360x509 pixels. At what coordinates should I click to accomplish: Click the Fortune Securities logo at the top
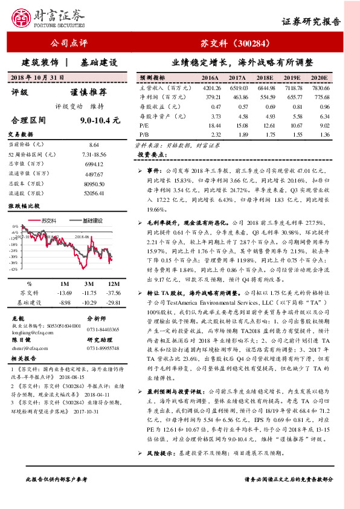click(x=50, y=17)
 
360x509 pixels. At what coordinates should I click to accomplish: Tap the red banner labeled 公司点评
click(x=68, y=43)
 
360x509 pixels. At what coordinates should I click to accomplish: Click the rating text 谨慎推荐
click(x=88, y=92)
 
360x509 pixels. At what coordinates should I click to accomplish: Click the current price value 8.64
click(x=94, y=146)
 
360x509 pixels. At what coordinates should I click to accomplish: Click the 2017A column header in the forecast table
click(x=237, y=79)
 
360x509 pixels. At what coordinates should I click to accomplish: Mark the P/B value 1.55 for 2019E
click(x=294, y=134)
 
